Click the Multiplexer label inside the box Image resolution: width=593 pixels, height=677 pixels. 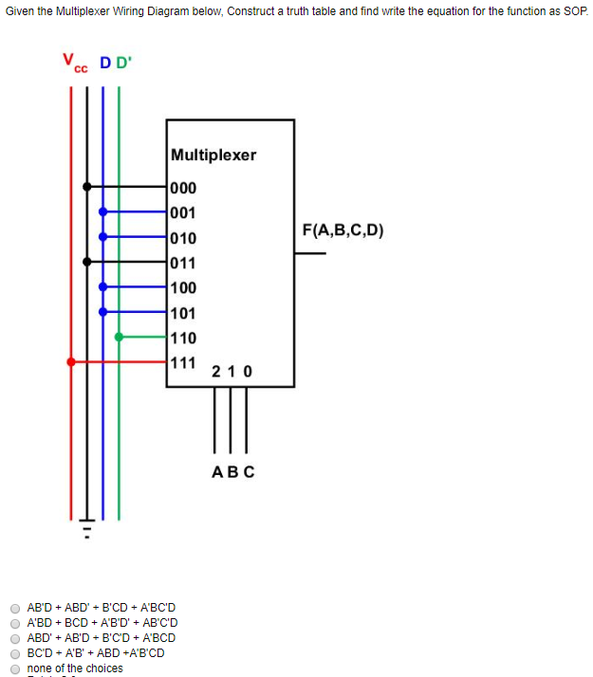pos(213,155)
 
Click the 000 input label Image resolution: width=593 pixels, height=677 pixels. pos(184,188)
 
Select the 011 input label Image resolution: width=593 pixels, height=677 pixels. pos(184,262)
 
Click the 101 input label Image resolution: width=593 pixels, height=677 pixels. pos(184,312)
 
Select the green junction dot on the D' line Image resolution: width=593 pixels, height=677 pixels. pos(118,336)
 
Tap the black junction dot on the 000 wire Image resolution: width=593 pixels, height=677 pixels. pos(87,187)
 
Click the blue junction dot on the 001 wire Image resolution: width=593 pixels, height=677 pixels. pos(102,211)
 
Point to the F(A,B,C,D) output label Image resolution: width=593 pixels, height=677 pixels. pos(343,229)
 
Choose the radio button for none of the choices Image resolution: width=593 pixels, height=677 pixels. pos(15,668)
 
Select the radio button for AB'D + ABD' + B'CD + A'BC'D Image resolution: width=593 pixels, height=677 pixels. pos(15,607)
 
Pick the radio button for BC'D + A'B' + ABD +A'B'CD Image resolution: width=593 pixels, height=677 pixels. pos(15,652)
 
